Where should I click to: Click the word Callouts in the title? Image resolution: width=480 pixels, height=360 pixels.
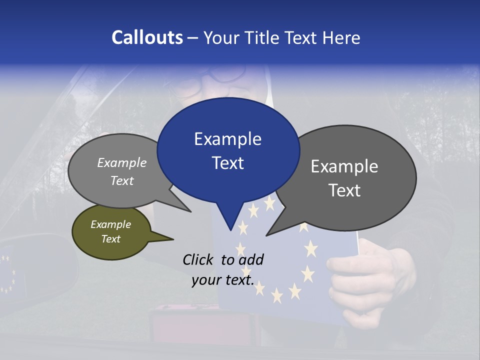click(x=147, y=37)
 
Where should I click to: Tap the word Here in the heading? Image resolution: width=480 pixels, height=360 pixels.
click(x=341, y=37)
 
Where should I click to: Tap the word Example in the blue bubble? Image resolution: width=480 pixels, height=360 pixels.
click(x=227, y=138)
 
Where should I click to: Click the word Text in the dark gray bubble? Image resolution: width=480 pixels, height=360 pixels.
click(x=344, y=190)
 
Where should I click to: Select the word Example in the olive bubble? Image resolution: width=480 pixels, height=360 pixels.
click(x=110, y=224)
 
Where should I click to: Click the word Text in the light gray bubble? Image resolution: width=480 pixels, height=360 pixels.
click(x=122, y=180)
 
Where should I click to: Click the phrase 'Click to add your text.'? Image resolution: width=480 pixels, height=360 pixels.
click(x=222, y=269)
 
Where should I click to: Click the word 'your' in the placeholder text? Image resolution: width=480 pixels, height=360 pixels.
click(x=206, y=280)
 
